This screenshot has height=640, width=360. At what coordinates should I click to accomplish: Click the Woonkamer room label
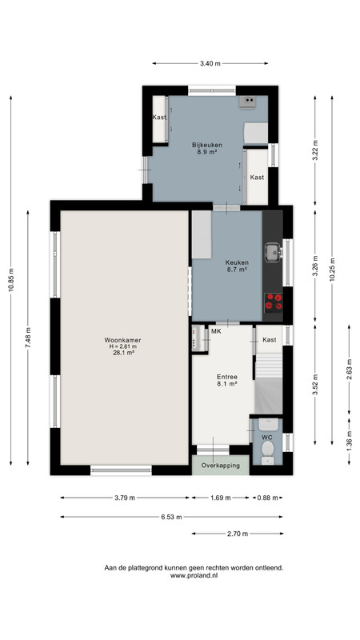[x=123, y=339]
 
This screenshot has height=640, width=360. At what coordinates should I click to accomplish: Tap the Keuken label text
[x=237, y=263]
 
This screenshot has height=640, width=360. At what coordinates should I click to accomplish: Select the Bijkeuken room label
[x=207, y=145]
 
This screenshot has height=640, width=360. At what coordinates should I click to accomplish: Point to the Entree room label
[x=227, y=377]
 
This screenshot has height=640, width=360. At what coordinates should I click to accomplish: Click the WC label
[x=267, y=437]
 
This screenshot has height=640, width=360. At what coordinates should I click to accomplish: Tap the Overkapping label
[x=221, y=466]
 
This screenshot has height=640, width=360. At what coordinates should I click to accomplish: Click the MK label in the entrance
[x=216, y=331]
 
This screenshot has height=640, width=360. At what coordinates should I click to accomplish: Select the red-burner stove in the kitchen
[x=274, y=302]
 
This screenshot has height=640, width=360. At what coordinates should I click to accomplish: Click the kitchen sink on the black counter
[x=273, y=253]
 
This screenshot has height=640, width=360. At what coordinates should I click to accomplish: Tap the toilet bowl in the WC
[x=268, y=449]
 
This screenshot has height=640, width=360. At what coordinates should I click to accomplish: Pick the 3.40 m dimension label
[x=210, y=64]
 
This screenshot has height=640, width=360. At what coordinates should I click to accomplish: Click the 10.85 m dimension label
[x=11, y=281]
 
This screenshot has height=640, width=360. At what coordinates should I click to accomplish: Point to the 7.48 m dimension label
[x=28, y=338]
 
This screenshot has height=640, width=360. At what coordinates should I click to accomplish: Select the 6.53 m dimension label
[x=171, y=517]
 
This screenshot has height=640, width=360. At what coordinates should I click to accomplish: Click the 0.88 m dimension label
[x=268, y=498]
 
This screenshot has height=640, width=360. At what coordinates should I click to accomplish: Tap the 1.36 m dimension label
[x=350, y=442]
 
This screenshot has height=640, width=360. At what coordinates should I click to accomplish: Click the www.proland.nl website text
[x=194, y=575]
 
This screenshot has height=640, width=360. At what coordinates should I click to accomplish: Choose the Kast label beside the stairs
[x=270, y=339]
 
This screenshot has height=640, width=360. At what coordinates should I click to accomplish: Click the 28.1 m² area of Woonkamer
[x=124, y=354]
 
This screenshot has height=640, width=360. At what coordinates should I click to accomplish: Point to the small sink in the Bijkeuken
[x=247, y=102]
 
